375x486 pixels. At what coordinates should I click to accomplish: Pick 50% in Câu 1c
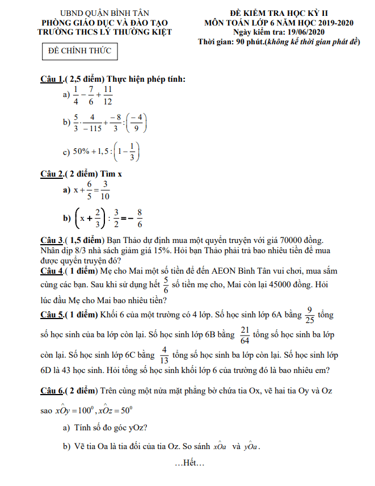[x=81, y=152]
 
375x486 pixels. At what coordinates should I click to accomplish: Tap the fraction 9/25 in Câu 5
[x=309, y=315]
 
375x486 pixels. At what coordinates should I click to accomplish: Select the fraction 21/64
[x=245, y=336]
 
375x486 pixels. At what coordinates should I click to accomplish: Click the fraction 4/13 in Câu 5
[x=165, y=355]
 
